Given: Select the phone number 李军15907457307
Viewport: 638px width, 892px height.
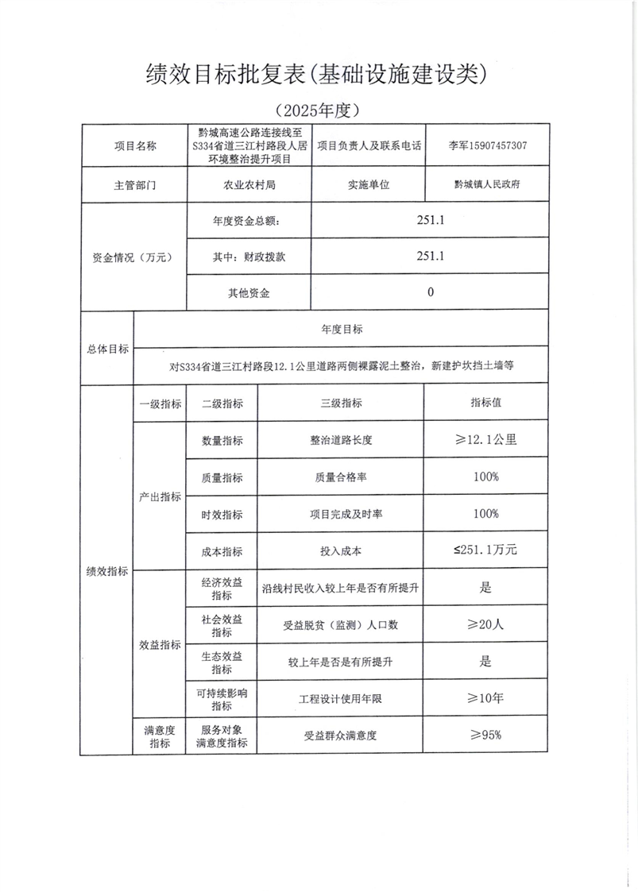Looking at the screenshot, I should [487, 146].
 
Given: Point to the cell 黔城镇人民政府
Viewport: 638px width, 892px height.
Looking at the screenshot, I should [487, 183].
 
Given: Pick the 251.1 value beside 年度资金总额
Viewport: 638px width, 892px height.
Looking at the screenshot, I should [430, 220].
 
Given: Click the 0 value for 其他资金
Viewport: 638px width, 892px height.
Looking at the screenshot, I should [430, 292].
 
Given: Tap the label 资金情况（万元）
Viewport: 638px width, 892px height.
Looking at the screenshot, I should [133, 257].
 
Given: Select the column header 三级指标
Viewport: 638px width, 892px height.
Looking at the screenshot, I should [341, 404].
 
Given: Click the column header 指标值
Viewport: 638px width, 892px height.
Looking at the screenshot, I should [485, 403].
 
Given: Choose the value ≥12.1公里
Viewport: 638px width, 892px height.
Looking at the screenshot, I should [485, 439].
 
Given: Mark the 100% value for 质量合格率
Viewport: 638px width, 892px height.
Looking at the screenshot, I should [485, 477].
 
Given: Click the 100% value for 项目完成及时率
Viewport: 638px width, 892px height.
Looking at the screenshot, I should [485, 514].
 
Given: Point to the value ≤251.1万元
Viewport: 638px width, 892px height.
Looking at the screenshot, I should [485, 550].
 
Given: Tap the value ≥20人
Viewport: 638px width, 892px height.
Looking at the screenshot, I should [485, 624].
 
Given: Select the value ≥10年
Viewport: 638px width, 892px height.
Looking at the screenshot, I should [485, 698].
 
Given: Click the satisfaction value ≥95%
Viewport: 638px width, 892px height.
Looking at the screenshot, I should [485, 735].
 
